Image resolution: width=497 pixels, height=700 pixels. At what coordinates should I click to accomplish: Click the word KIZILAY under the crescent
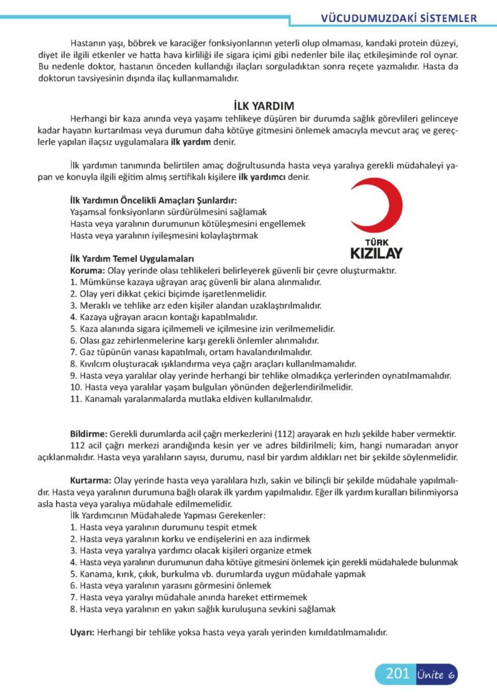pos(376,253)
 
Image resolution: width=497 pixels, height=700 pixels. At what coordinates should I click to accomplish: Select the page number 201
pos(396,675)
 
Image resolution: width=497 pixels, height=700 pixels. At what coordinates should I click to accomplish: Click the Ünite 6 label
pos(435,675)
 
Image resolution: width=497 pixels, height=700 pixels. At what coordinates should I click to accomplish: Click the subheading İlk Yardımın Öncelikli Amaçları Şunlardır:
pos(153,200)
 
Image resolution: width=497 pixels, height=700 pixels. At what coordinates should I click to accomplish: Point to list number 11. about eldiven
pos(76,399)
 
